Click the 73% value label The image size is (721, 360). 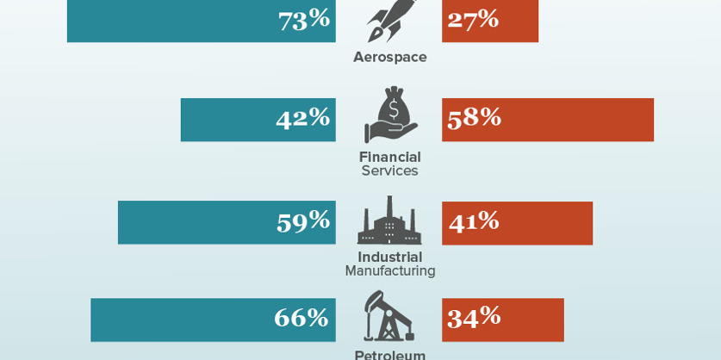click(303, 19)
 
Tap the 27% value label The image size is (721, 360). click(473, 19)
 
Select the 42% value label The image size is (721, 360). click(302, 118)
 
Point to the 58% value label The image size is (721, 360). click(474, 118)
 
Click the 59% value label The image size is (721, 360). click(302, 221)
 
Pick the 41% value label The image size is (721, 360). click(474, 221)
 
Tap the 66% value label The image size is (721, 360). click(301, 318)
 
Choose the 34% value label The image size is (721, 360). click(474, 318)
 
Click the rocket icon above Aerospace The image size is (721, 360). click(389, 19)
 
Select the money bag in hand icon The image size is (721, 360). click(390, 115)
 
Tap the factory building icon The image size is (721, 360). click(389, 222)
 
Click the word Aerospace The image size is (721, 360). click(389, 58)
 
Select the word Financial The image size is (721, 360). click(389, 157)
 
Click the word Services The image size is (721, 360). click(389, 171)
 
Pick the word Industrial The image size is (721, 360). click(389, 257)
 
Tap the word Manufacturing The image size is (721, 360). click(389, 271)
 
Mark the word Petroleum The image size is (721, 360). click(389, 354)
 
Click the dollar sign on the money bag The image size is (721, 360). click(395, 109)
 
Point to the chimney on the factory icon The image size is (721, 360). click(389, 206)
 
